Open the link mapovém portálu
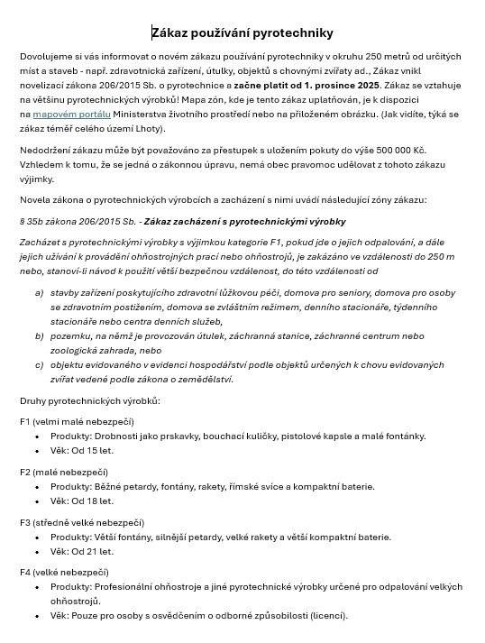pyautogui.click(x=71, y=115)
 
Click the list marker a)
pyautogui.click(x=39, y=292)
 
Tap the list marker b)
pyautogui.click(x=39, y=335)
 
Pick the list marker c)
pyautogui.click(x=39, y=364)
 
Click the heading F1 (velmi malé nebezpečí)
pyautogui.click(x=77, y=421)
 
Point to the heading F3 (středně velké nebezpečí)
pyautogui.click(x=81, y=522)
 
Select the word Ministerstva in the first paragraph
pyautogui.click(x=142, y=115)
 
